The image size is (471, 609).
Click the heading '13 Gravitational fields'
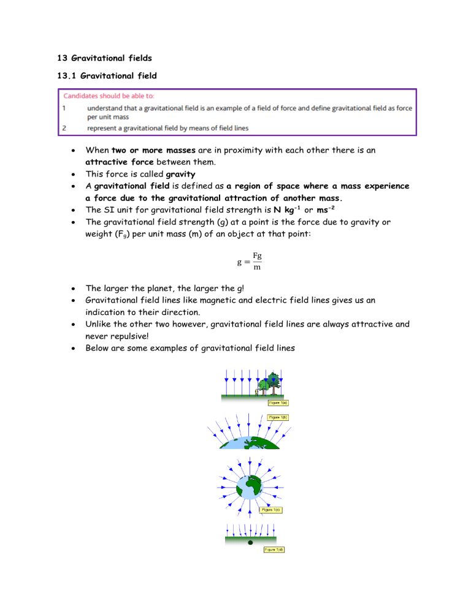(100, 59)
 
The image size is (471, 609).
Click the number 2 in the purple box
(64, 127)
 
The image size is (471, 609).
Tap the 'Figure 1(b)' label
(278, 417)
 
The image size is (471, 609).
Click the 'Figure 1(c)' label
(271, 509)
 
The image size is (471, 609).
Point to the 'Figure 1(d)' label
(274, 550)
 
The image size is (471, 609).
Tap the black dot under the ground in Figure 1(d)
(250, 543)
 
